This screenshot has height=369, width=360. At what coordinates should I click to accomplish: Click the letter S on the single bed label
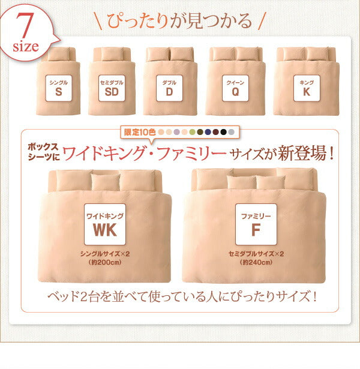pos(58,92)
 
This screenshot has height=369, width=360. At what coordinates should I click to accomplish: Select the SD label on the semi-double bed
pos(111,92)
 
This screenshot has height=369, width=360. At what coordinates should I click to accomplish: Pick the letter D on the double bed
pos(169,92)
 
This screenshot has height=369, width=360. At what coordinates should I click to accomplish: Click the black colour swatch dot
pos(224,131)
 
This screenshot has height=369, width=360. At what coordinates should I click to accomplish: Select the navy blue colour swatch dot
pos(208,131)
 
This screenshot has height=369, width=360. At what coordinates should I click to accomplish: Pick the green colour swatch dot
pos(192,131)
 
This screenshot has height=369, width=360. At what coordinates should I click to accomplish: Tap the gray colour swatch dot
pos(232,131)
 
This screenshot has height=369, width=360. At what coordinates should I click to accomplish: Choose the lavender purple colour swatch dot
pos(176,131)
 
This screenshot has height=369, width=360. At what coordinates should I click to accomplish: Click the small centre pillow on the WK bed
pos(106,182)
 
